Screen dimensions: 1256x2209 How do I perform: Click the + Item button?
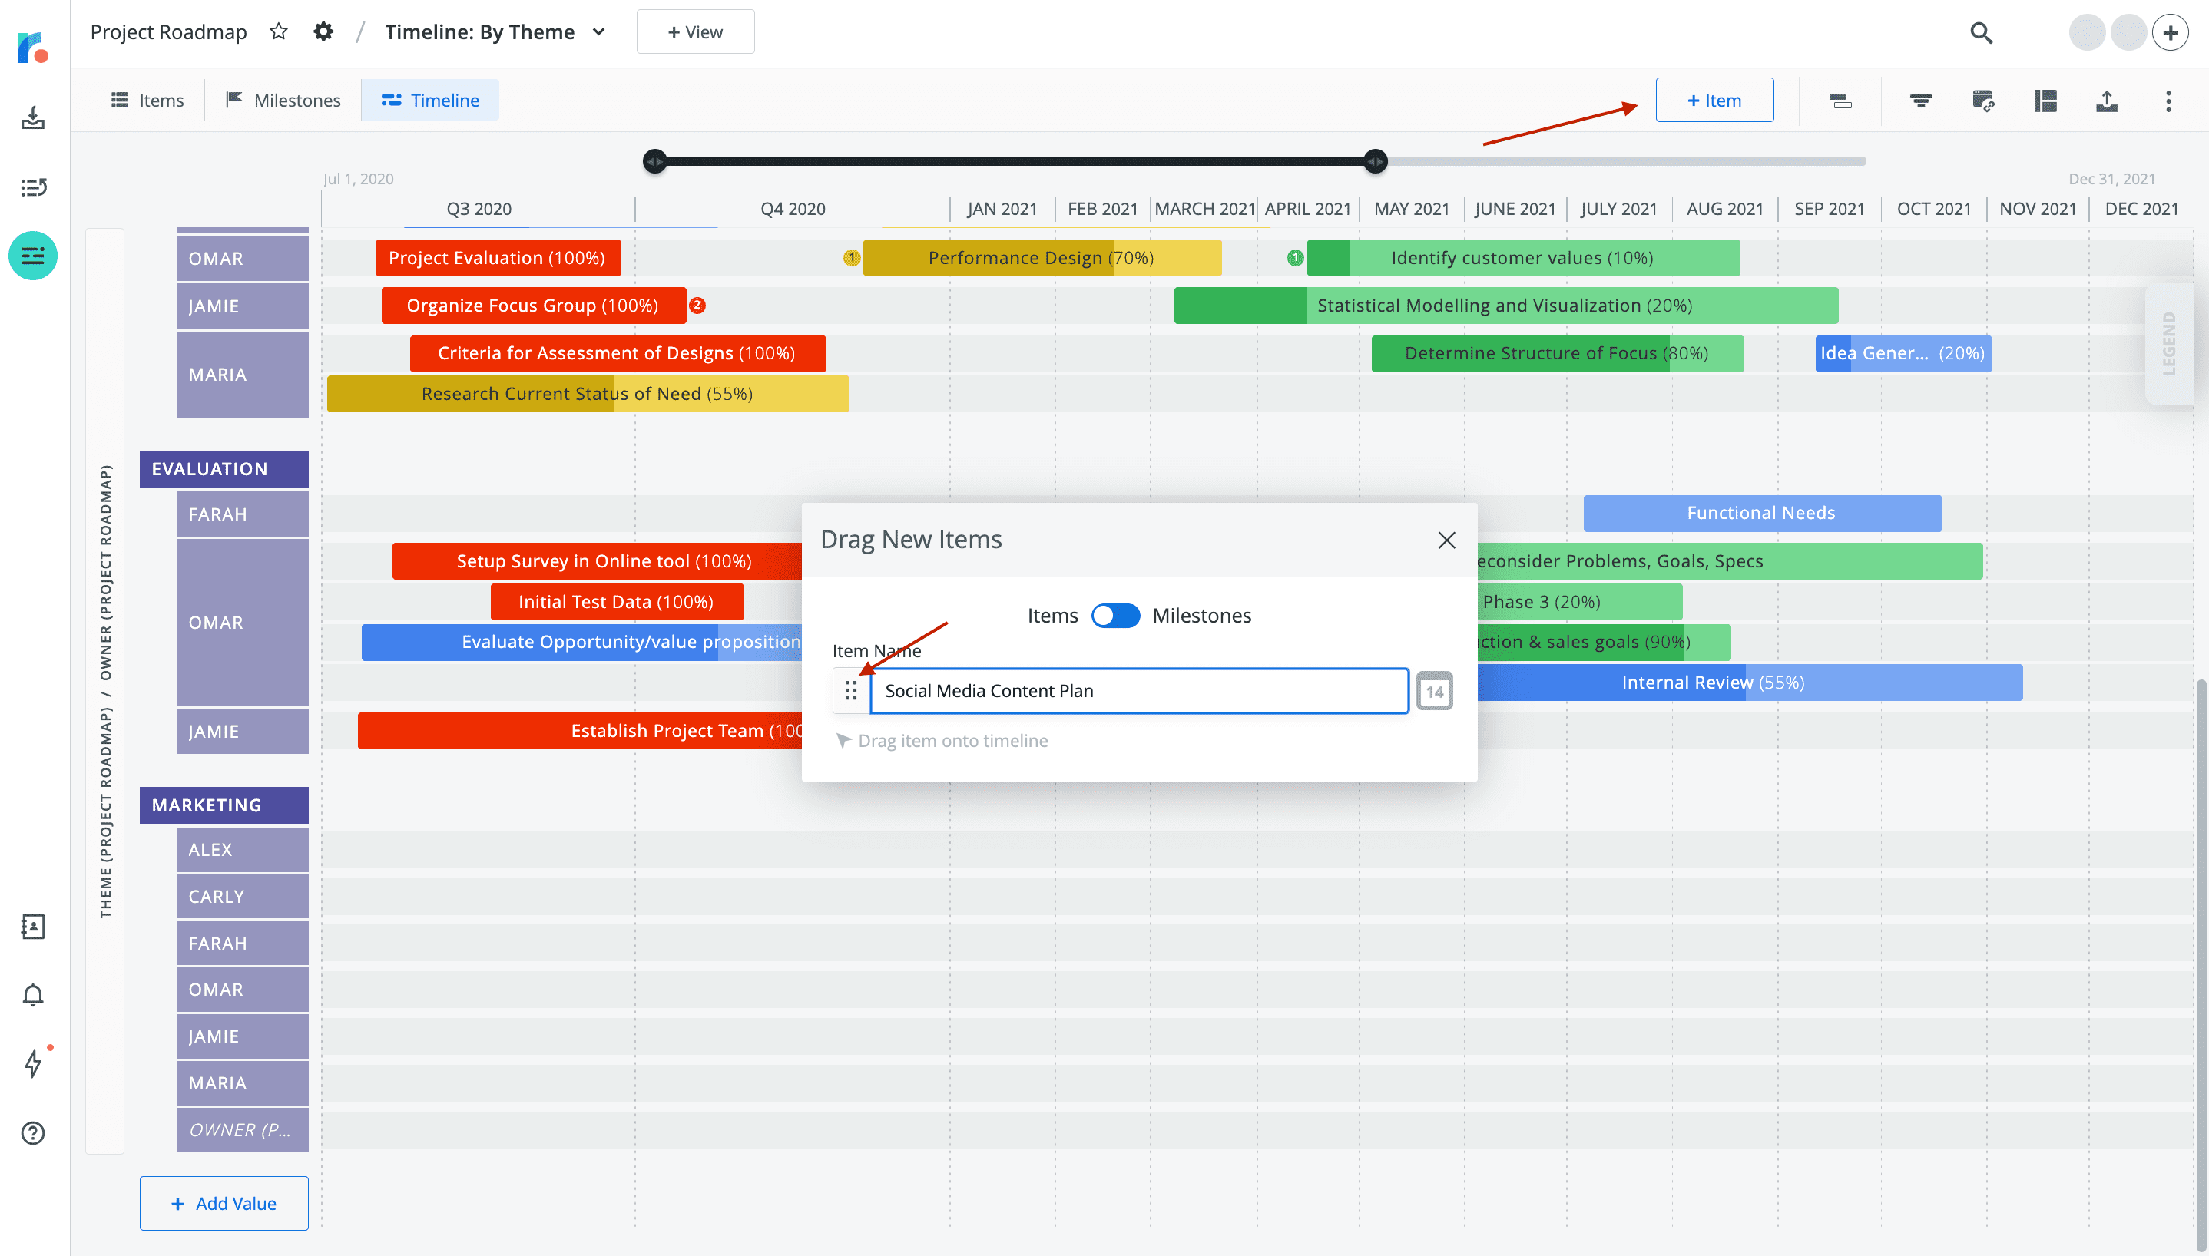(1714, 100)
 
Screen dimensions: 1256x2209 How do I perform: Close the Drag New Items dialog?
(1446, 540)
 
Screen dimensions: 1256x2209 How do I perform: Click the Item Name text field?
(1138, 691)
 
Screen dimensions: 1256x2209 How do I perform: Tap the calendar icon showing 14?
(1434, 691)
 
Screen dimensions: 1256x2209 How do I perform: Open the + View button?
(694, 32)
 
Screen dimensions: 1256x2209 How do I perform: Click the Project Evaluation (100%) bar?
(497, 258)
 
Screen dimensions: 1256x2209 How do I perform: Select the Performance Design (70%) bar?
(1041, 258)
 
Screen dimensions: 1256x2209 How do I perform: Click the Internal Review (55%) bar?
(1748, 683)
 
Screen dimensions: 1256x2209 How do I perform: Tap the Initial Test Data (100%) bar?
(616, 602)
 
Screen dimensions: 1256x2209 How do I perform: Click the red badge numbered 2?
(697, 306)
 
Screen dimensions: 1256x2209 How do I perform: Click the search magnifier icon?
(1981, 33)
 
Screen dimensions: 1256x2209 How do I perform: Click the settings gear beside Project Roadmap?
(323, 32)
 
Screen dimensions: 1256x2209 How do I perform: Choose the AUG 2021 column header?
(1724, 209)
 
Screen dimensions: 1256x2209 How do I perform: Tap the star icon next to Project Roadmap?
(278, 32)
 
